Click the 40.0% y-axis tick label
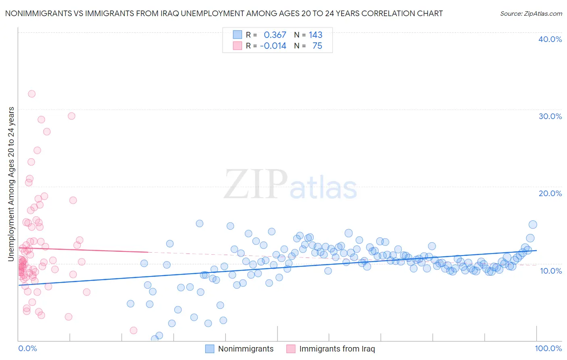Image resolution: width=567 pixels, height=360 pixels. (550, 39)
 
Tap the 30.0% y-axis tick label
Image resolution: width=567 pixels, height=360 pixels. (550, 116)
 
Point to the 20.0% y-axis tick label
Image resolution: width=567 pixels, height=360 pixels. (550, 193)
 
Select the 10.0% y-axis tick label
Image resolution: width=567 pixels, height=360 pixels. (551, 271)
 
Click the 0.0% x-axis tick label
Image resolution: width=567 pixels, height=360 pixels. (27, 348)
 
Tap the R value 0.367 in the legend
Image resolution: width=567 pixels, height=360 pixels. (275, 35)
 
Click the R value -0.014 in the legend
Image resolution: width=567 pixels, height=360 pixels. (273, 46)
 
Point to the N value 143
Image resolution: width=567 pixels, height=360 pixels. (316, 35)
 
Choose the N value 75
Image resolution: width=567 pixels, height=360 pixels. (317, 46)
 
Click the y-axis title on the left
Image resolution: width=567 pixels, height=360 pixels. (11, 184)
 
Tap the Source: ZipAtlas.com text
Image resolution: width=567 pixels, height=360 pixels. (531, 14)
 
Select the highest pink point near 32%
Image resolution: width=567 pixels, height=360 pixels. (31, 94)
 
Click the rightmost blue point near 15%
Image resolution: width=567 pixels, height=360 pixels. (533, 225)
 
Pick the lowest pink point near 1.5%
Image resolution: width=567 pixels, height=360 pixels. (133, 331)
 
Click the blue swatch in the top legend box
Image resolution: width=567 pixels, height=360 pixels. (238, 35)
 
